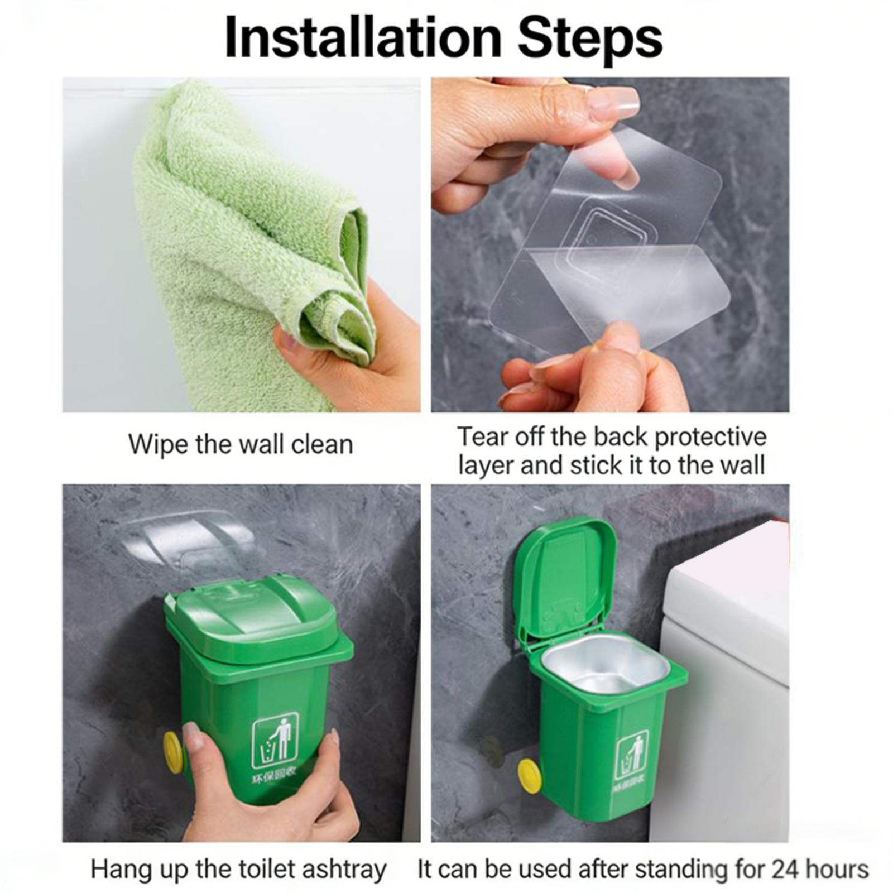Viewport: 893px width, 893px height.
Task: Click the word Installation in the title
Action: [x=364, y=38]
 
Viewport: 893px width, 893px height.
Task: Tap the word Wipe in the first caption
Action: [x=159, y=445]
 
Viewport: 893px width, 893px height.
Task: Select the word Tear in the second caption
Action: [x=482, y=436]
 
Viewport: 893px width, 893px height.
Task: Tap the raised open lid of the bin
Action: [x=565, y=580]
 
